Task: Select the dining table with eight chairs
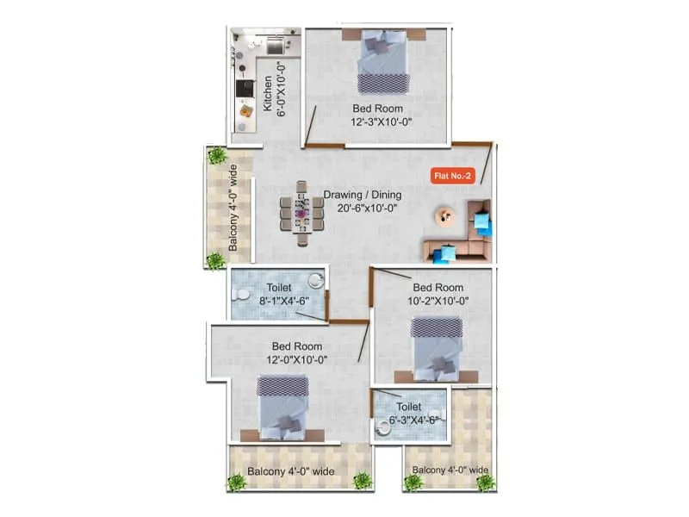pyautogui.click(x=301, y=208)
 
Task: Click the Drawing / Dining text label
pyautogui.click(x=363, y=195)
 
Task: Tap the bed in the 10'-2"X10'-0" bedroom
pyautogui.click(x=436, y=346)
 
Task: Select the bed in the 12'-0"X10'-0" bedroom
pyautogui.click(x=282, y=404)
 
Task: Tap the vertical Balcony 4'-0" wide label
pyautogui.click(x=233, y=209)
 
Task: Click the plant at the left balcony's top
pyautogui.click(x=217, y=156)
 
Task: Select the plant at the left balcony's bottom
pyautogui.click(x=215, y=259)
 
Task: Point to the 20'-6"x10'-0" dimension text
pyautogui.click(x=363, y=208)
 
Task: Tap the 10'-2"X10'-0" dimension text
pyautogui.click(x=439, y=301)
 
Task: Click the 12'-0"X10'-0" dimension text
pyautogui.click(x=295, y=358)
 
